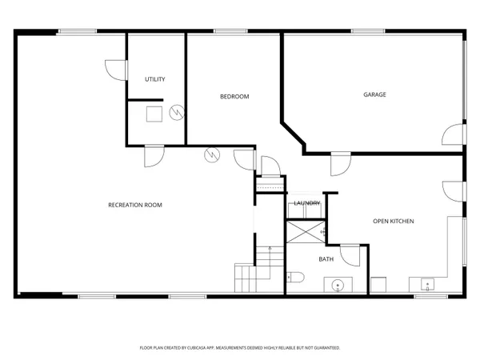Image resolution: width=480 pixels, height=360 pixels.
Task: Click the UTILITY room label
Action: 155,79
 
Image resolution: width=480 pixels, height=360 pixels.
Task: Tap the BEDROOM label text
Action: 234,97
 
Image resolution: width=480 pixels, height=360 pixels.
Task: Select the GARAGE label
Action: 374,94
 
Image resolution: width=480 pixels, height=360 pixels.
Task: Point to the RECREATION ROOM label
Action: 135,205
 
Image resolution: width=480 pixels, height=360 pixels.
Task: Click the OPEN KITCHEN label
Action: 394,221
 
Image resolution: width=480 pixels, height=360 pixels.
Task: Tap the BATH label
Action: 326,259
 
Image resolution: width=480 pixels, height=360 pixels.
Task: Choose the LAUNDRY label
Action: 307,203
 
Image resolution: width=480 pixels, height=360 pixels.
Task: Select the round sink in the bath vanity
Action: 338,284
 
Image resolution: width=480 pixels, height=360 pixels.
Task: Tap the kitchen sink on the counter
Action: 427,283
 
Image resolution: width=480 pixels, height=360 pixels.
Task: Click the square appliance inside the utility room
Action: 152,113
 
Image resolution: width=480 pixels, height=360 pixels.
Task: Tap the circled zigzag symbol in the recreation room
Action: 212,154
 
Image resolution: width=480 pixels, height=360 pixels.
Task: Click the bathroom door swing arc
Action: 350,255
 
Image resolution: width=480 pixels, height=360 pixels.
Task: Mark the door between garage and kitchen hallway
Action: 340,164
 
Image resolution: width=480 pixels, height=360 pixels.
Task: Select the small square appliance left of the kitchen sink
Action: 378,285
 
